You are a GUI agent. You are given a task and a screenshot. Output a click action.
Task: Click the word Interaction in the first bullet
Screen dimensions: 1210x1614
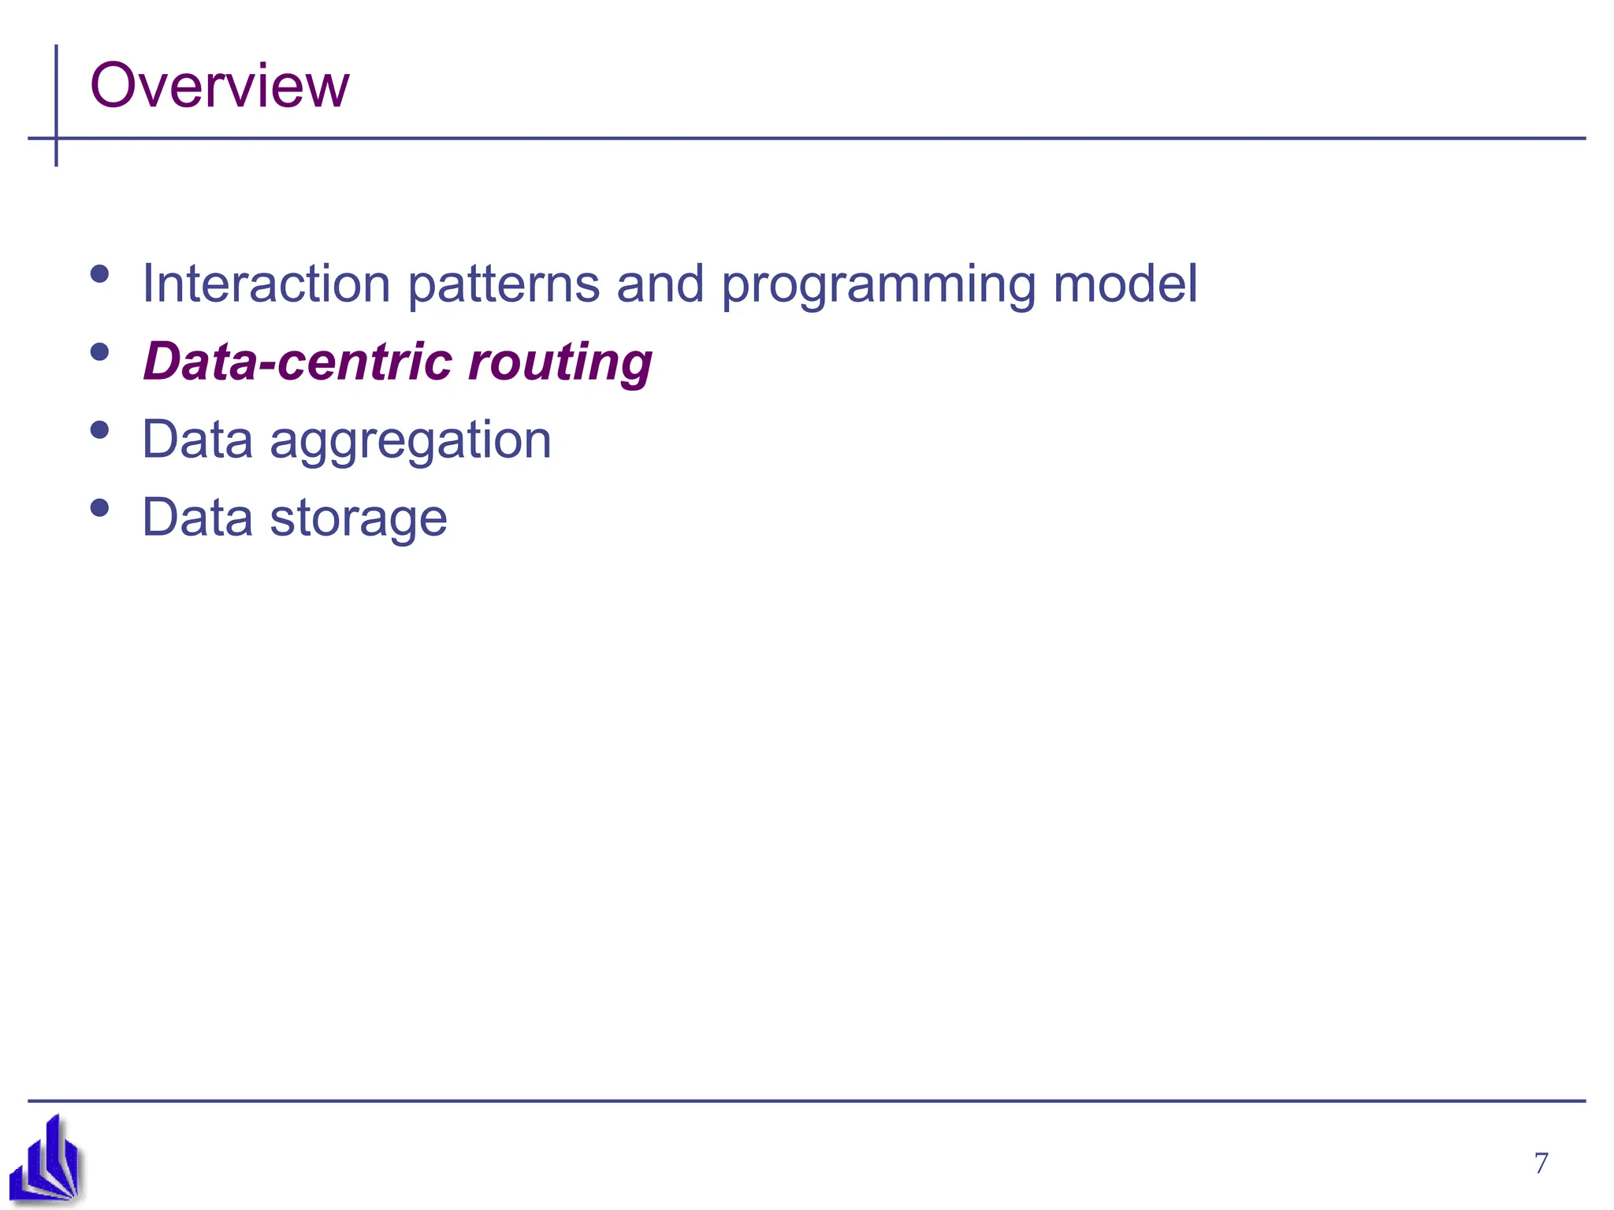pyautogui.click(x=266, y=284)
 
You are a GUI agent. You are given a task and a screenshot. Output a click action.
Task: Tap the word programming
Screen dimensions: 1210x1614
pyautogui.click(x=878, y=285)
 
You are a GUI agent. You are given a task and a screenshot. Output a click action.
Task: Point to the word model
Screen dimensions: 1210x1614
pyautogui.click(x=1125, y=284)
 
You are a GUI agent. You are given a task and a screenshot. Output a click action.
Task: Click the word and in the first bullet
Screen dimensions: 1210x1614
pyautogui.click(x=660, y=284)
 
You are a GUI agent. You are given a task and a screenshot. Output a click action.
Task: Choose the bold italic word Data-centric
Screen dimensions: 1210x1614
pyautogui.click(x=297, y=362)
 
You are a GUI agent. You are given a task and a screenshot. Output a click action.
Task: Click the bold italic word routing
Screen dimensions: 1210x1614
pyautogui.click(x=560, y=363)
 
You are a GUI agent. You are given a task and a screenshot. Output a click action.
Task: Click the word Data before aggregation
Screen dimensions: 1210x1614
pyautogui.click(x=197, y=440)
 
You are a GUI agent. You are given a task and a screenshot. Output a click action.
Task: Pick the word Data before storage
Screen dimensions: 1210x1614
pyautogui.click(x=197, y=518)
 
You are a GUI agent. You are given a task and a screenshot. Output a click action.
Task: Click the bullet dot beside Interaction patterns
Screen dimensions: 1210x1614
pyautogui.click(x=99, y=273)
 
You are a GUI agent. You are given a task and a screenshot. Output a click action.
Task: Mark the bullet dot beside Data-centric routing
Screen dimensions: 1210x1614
pyautogui.click(x=99, y=351)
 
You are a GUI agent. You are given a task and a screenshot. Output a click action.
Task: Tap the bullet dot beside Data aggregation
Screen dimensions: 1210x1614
pyautogui.click(x=99, y=429)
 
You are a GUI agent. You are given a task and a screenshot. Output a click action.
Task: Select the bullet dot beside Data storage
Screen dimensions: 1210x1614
pyautogui.click(x=99, y=507)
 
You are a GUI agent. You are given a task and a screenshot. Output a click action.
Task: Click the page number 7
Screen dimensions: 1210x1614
pyautogui.click(x=1541, y=1163)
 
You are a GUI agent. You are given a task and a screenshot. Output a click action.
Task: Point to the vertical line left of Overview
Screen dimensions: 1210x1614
pyautogui.click(x=56, y=95)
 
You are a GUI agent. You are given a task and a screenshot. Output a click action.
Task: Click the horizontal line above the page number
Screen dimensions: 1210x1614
pyautogui.click(x=946, y=1101)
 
